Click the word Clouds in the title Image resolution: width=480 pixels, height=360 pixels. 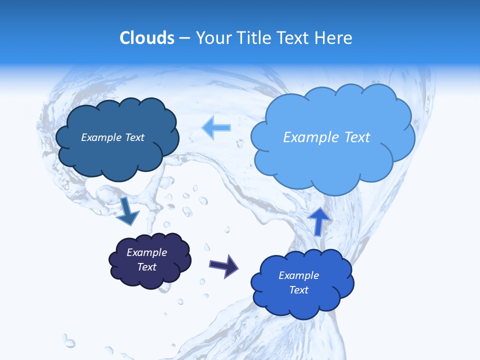(146, 38)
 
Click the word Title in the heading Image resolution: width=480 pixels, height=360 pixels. (254, 38)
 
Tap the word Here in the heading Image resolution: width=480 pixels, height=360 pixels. (334, 38)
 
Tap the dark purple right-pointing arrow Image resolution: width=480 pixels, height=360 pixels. (224, 265)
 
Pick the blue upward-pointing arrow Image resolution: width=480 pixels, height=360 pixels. (319, 220)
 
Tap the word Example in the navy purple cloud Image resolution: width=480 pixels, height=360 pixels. (147, 252)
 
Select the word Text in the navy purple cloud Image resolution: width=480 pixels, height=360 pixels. (147, 267)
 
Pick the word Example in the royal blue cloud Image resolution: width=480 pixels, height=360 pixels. (298, 275)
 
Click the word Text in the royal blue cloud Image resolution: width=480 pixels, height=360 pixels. (298, 290)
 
